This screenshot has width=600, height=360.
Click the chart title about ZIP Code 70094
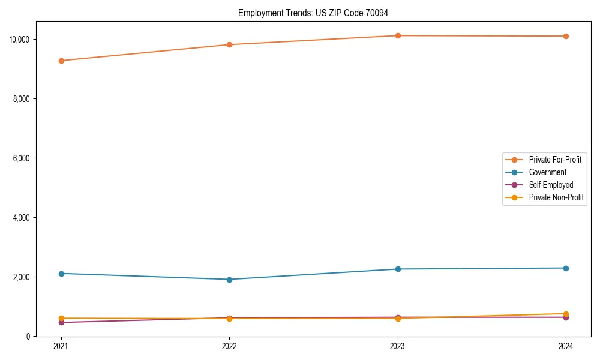(317, 13)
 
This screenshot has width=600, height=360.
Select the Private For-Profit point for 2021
(61, 61)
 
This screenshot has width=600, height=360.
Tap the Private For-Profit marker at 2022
(229, 44)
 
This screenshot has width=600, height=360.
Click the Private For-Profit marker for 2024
(566, 36)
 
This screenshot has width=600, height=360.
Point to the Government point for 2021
(61, 274)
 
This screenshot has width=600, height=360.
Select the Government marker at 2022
(229, 280)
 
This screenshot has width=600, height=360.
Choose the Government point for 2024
(566, 268)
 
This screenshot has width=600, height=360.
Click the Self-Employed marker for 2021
(61, 322)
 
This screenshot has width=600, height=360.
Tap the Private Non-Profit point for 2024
(566, 314)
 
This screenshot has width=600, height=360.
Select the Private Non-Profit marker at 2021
(61, 318)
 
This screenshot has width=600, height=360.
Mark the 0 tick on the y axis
(28, 337)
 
